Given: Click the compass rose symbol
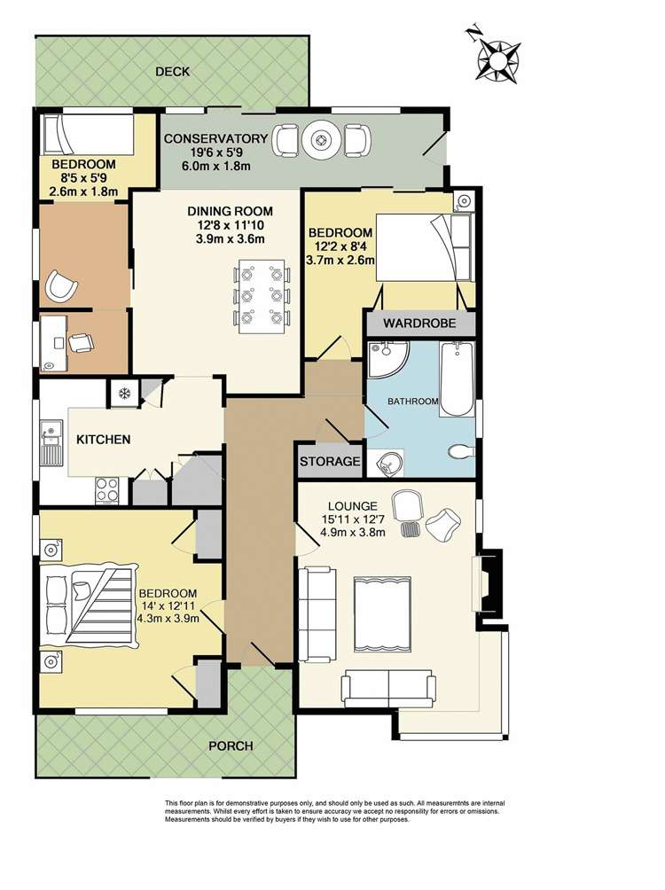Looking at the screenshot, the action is pyautogui.click(x=498, y=60).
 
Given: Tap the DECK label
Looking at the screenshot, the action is pyautogui.click(x=173, y=72).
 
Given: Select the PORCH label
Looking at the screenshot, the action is pyautogui.click(x=231, y=746).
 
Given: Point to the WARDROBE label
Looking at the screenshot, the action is pyautogui.click(x=419, y=324).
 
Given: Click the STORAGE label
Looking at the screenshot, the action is pyautogui.click(x=330, y=462).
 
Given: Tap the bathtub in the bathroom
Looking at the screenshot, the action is pyautogui.click(x=457, y=379).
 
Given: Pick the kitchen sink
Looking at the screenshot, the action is pyautogui.click(x=50, y=442).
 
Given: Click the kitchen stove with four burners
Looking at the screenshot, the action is pyautogui.click(x=106, y=490).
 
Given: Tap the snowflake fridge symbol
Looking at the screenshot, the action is pyautogui.click(x=123, y=394).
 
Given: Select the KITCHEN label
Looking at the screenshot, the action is pyautogui.click(x=104, y=440).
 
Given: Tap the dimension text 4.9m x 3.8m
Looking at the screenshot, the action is pyautogui.click(x=353, y=533).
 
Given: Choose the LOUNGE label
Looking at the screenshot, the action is pyautogui.click(x=353, y=506).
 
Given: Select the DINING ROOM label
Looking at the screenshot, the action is pyautogui.click(x=230, y=211).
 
